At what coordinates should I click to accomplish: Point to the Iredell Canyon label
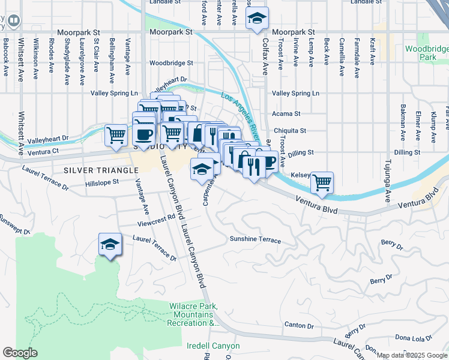tap(213, 346)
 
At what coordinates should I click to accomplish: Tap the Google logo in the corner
tap(20, 352)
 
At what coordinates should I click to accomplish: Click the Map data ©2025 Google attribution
tap(412, 355)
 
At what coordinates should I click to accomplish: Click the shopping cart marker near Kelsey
tap(322, 182)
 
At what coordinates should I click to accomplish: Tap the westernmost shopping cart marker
tap(115, 134)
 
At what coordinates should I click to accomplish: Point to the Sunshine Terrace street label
tap(255, 239)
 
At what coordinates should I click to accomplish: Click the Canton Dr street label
tap(299, 325)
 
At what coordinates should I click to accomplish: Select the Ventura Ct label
tap(47, 152)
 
